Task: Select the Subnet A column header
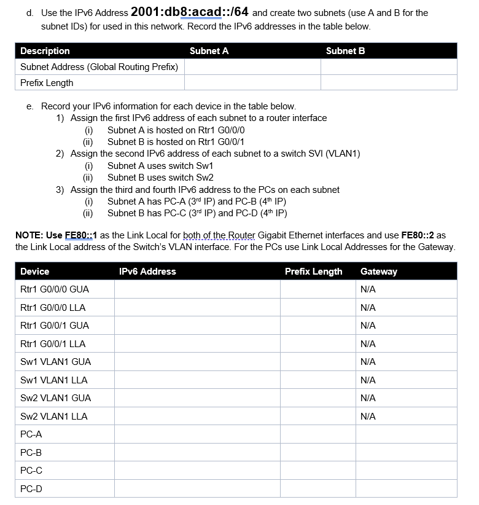tap(209, 51)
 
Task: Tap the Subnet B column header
tap(345, 51)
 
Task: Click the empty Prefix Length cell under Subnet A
tap(252, 83)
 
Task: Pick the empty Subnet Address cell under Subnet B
tap(388, 67)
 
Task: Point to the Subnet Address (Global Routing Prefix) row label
tap(99, 67)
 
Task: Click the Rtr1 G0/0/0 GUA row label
tap(55, 289)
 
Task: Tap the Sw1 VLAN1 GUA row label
tap(55, 362)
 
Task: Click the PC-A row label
tap(31, 434)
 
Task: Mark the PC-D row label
tap(31, 489)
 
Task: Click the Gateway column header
tap(378, 272)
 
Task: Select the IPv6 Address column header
tap(147, 272)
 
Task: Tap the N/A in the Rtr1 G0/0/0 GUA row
tap(368, 289)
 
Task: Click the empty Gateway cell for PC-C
tap(406, 471)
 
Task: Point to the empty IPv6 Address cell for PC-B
tap(197, 453)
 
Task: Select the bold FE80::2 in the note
tap(418, 235)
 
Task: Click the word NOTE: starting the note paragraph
tap(29, 235)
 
